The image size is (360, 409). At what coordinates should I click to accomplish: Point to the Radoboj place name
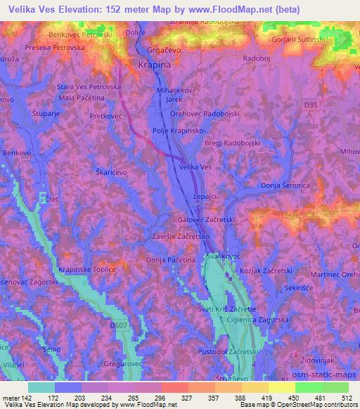click(x=255, y=59)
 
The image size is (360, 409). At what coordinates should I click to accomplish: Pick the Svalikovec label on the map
click(x=224, y=257)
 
